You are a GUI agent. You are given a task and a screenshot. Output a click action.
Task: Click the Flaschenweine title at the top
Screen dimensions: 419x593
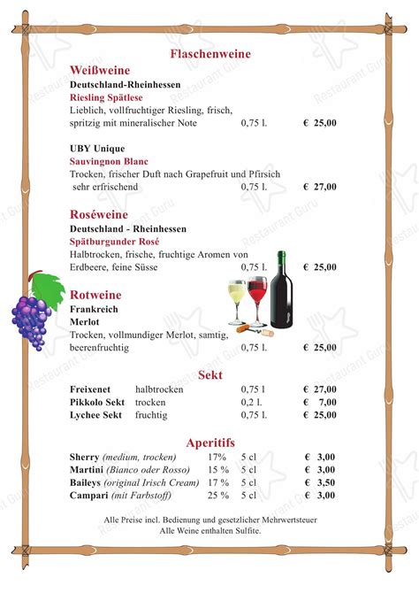point(209,54)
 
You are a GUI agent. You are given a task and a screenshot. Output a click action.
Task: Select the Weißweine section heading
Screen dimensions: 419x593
point(100,70)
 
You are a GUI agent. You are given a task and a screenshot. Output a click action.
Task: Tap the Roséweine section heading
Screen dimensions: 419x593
point(99,214)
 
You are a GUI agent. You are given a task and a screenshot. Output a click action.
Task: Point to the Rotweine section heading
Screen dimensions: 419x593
point(95,295)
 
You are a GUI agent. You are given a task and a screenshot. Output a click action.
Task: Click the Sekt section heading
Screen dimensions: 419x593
point(209,374)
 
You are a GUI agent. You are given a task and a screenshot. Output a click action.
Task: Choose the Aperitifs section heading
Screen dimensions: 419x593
point(209,443)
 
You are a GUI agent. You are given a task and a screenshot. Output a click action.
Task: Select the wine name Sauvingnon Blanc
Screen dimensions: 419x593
point(109,162)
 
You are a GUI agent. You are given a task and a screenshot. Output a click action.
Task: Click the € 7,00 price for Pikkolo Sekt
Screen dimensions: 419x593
point(321,402)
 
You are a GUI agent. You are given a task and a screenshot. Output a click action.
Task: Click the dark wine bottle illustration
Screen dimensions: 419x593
point(282,290)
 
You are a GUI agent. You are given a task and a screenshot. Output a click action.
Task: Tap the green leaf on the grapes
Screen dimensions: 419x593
point(50,286)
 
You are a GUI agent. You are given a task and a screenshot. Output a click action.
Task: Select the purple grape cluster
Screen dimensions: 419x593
point(32,320)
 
